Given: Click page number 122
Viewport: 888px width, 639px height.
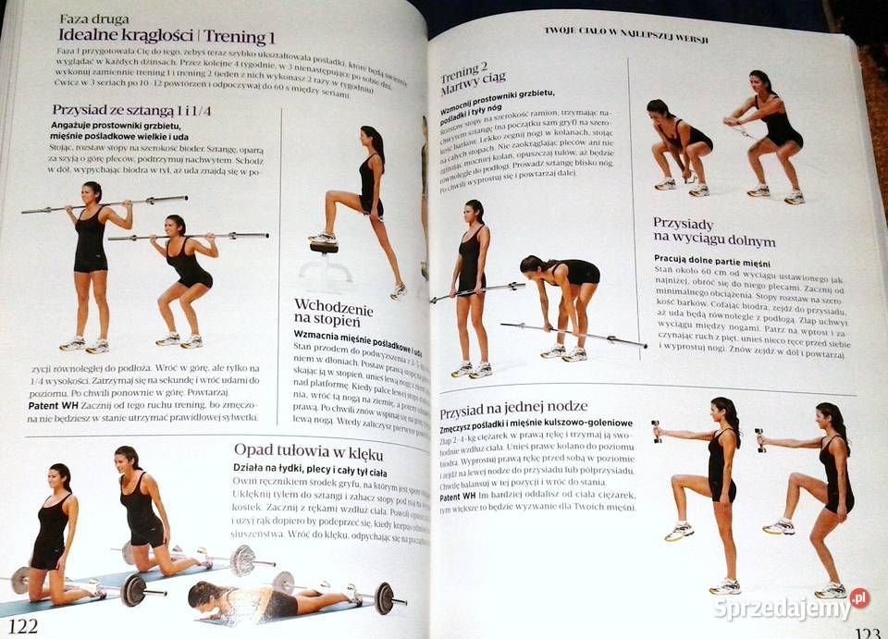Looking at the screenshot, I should pos(23,627).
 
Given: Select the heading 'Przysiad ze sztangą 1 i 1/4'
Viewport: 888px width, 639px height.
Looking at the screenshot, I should pos(131,110).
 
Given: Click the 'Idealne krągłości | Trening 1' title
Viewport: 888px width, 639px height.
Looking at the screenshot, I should pos(166,37).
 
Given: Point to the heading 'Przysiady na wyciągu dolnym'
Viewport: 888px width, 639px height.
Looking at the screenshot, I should pos(700,231).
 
